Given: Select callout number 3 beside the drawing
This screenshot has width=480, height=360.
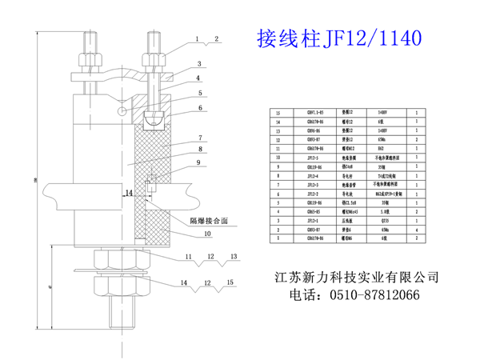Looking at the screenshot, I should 199,63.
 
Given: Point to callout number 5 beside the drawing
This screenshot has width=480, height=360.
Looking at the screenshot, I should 199,94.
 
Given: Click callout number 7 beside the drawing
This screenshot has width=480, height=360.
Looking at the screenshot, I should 199,138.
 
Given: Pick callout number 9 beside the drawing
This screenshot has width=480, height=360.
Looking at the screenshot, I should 199,162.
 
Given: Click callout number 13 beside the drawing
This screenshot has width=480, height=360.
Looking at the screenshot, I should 233,257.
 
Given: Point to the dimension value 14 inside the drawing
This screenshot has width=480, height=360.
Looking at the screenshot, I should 128,193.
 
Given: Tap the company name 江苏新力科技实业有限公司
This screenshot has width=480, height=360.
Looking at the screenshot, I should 357,277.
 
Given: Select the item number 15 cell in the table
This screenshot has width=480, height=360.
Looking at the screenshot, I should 278,114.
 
